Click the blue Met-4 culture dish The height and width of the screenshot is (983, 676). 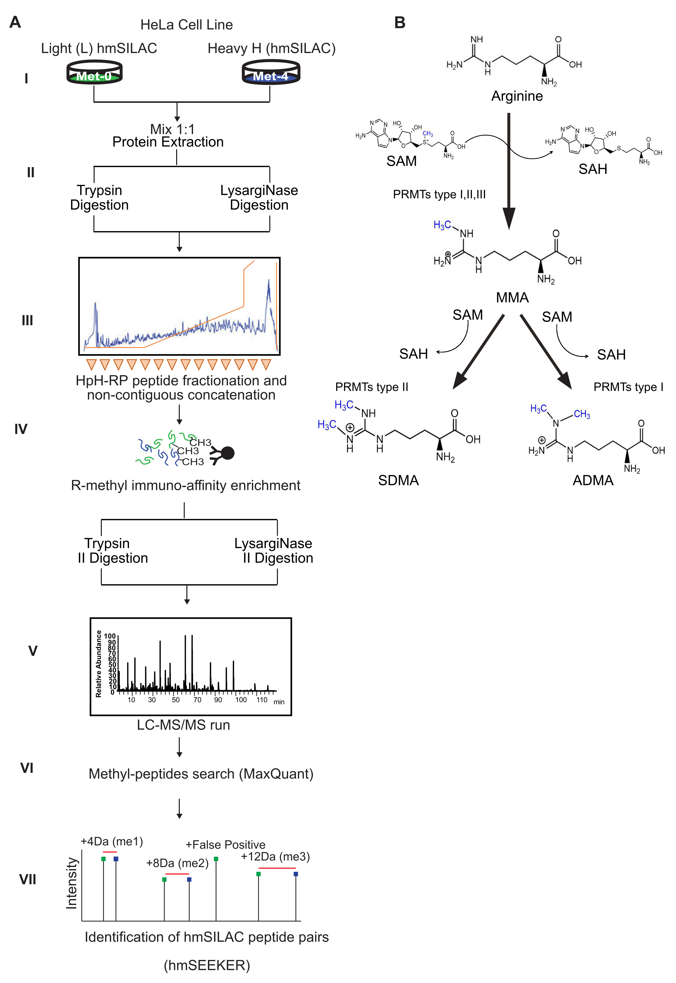tap(271, 73)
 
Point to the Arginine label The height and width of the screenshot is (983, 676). tap(517, 96)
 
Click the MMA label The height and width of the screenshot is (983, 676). tap(512, 298)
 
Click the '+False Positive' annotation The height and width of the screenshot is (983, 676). tap(225, 845)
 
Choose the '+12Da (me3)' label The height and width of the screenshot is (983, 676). tap(275, 856)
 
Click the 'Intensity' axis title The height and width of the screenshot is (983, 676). tap(72, 884)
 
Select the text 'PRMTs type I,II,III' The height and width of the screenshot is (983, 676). tap(439, 195)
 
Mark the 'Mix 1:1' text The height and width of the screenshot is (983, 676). tap(172, 129)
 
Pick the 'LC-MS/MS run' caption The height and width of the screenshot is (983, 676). tap(183, 725)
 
